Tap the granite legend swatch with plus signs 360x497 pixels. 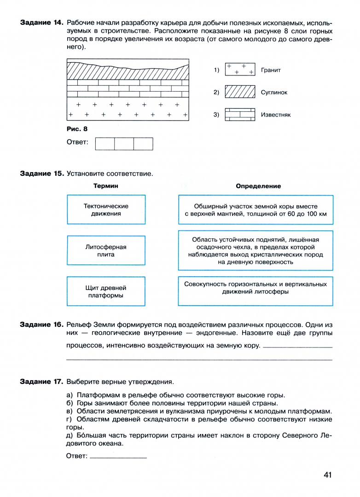240,69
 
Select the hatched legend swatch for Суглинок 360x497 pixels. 240,92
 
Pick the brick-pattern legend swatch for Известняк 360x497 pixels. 240,115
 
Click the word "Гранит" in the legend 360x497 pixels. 271,70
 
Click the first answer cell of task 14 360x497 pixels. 105,144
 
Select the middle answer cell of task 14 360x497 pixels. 124,144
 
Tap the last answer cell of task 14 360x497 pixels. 143,144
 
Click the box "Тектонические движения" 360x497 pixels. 106,210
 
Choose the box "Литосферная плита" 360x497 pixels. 106,251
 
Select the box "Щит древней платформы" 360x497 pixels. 106,292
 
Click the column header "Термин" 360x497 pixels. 106,186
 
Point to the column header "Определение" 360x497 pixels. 258,186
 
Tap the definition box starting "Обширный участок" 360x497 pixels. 255,210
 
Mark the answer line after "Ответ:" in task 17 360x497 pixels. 118,457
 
